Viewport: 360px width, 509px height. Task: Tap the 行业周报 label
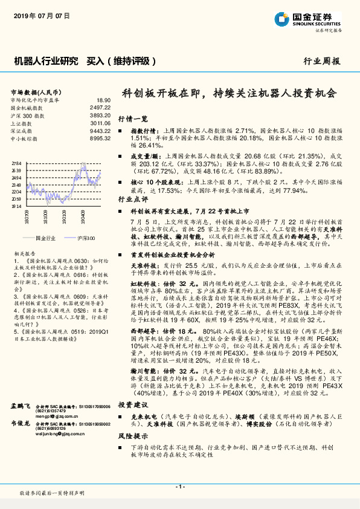click(321, 62)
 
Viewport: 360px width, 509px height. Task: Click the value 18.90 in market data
click(103, 100)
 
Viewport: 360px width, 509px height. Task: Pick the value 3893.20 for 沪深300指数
click(100, 114)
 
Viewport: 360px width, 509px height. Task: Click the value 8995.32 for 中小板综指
click(100, 138)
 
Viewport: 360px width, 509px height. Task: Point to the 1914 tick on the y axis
click(16, 206)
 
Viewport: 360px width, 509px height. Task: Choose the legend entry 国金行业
click(45, 239)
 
